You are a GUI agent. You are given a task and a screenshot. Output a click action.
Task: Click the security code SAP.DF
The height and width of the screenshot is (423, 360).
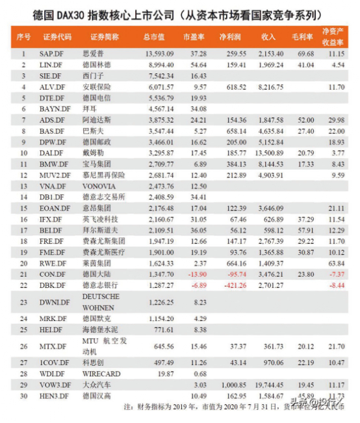(x=51, y=53)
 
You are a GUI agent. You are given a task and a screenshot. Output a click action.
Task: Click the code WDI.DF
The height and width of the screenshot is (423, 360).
(x=53, y=374)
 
